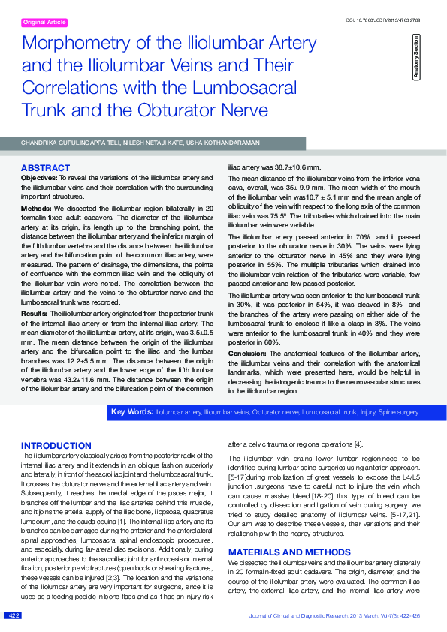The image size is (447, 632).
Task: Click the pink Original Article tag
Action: pyautogui.click(x=45, y=23)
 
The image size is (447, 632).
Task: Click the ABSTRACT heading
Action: pyautogui.click(x=45, y=167)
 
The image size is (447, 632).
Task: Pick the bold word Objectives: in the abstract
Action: pyautogui.click(x=39, y=176)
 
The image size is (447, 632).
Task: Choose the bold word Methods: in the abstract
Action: pyautogui.click(x=36, y=207)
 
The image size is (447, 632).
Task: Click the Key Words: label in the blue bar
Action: pyautogui.click(x=131, y=411)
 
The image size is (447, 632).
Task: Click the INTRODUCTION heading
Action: pyautogui.click(x=56, y=445)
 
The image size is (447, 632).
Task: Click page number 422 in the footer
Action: pyautogui.click(x=14, y=615)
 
